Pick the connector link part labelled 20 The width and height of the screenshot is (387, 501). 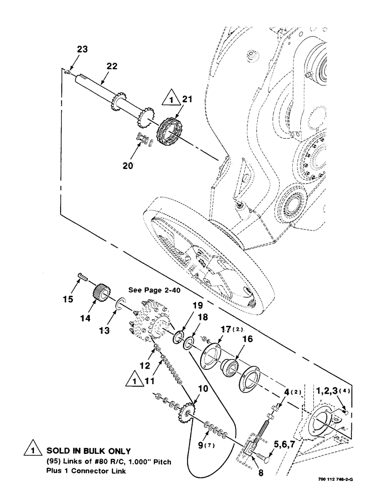coord(143,140)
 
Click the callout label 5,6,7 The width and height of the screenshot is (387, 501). coord(285,428)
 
